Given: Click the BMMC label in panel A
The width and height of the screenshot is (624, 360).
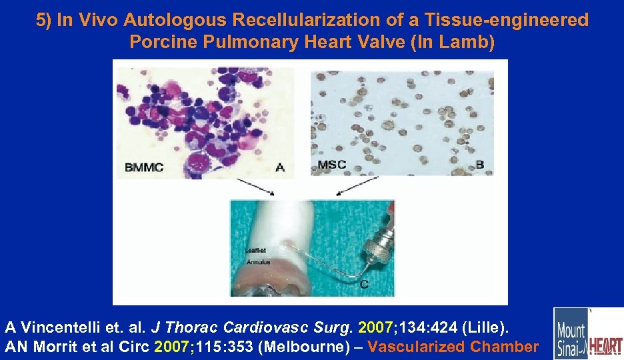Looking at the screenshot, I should [x=144, y=167].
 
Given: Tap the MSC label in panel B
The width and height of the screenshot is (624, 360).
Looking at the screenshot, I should [x=332, y=165].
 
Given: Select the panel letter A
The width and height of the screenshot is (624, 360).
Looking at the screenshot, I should [x=279, y=167].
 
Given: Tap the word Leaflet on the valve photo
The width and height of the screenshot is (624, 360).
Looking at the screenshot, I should [x=255, y=251].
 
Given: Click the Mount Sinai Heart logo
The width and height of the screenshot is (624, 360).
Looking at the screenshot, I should [x=587, y=333].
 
